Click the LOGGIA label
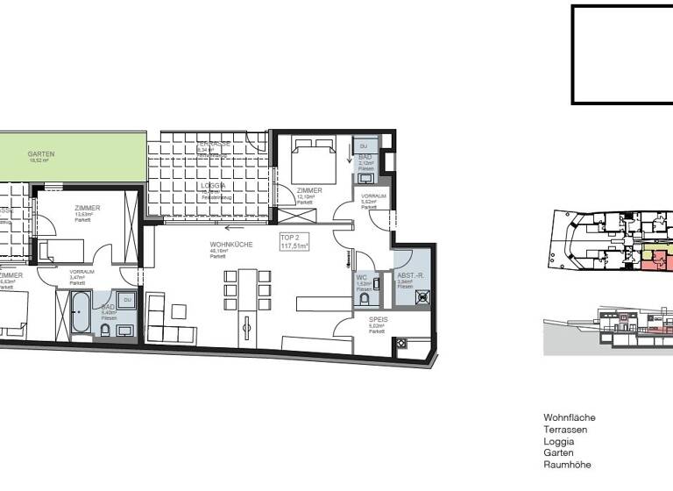click(213, 186)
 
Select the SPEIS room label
click(378, 320)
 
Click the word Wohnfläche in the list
click(570, 418)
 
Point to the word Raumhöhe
click(568, 465)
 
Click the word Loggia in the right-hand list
click(559, 441)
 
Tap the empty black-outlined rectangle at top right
click(622, 54)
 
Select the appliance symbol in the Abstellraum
click(423, 297)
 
